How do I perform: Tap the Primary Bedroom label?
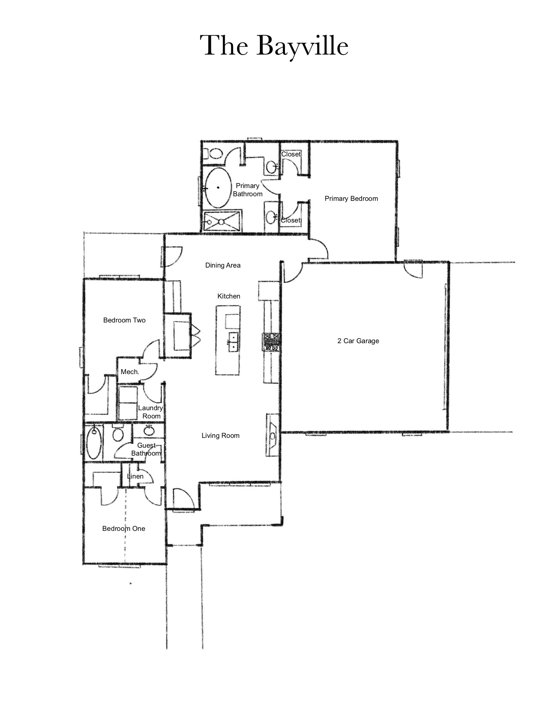[x=351, y=199]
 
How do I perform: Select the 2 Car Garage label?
[x=358, y=341]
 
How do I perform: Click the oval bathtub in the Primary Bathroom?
[x=217, y=188]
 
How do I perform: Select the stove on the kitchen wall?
[x=271, y=342]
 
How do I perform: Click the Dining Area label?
[x=223, y=265]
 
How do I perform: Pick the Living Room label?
[x=220, y=436]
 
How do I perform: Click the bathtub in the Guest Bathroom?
[x=94, y=442]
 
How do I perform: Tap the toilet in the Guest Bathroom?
[x=117, y=433]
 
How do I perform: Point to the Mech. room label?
[x=130, y=372]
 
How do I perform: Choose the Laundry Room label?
[x=151, y=412]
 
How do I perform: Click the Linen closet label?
[x=135, y=476]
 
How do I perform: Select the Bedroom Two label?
[x=124, y=320]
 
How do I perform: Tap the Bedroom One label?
[x=124, y=529]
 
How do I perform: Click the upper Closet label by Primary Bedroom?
[x=291, y=154]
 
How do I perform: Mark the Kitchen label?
[x=229, y=296]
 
